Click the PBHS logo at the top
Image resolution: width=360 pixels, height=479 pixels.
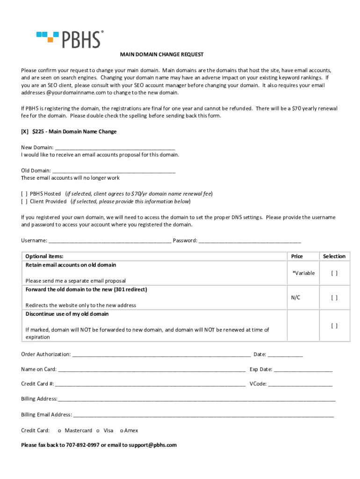(x=70, y=39)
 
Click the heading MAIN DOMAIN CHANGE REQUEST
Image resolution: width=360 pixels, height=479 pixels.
(x=162, y=55)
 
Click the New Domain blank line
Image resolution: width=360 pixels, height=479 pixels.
(x=115, y=147)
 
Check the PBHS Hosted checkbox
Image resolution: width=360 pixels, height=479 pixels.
(x=24, y=194)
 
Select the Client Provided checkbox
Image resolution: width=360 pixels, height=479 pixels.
(x=24, y=202)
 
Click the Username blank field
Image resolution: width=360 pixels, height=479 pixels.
(x=109, y=241)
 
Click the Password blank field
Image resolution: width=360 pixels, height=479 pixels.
(x=250, y=241)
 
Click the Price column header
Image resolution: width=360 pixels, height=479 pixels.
(x=297, y=256)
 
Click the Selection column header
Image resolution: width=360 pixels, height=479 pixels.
(x=334, y=256)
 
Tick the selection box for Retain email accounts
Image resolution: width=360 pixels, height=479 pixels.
(x=334, y=273)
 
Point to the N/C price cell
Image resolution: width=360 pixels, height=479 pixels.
(x=295, y=298)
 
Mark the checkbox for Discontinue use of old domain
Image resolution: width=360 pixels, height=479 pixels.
(x=334, y=326)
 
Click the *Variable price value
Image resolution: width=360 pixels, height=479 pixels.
(x=303, y=273)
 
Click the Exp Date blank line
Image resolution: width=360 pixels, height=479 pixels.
(x=303, y=370)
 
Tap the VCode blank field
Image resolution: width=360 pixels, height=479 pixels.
(x=300, y=384)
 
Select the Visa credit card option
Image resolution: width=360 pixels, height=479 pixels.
(x=98, y=430)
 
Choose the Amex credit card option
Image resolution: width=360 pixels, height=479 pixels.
(x=121, y=430)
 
